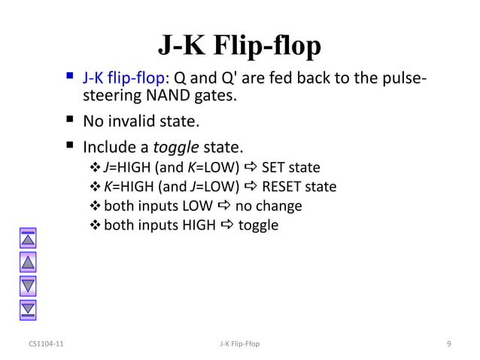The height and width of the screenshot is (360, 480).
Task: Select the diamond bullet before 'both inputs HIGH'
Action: (96, 225)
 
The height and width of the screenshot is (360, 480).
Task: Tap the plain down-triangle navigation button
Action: (28, 285)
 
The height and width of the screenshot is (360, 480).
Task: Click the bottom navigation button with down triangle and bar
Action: (28, 307)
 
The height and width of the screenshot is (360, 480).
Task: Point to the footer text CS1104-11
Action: (46, 345)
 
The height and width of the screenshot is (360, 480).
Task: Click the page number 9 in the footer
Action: (448, 345)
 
